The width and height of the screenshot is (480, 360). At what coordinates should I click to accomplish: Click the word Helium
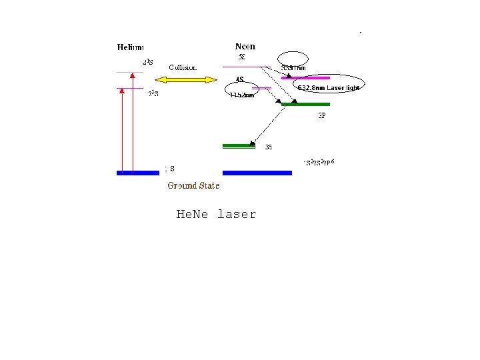tap(131, 47)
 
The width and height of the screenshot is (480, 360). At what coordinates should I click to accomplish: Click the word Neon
tap(245, 47)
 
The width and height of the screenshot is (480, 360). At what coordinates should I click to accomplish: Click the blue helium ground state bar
tap(138, 173)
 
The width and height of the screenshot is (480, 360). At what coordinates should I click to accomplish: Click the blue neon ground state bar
tap(257, 173)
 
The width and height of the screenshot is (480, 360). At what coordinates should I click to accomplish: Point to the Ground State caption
tap(193, 185)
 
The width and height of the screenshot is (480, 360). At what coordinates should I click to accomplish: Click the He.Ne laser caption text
tap(216, 215)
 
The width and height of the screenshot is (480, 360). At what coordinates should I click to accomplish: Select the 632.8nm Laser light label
tap(328, 87)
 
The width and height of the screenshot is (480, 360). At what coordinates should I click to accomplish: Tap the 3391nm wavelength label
tap(293, 68)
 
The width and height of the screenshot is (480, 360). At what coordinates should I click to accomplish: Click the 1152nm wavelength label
tap(241, 95)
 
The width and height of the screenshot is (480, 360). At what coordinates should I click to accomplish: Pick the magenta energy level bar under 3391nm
tap(305, 77)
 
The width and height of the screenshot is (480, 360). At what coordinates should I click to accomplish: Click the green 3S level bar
tap(239, 145)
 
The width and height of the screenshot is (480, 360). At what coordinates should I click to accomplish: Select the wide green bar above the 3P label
tap(305, 104)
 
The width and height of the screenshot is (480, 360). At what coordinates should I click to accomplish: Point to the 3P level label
tap(321, 115)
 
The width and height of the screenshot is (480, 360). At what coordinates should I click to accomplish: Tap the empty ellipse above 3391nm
tap(293, 58)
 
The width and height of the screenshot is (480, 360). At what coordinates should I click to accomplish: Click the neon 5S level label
tap(243, 57)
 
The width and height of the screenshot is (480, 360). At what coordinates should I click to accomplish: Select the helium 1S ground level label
tap(170, 169)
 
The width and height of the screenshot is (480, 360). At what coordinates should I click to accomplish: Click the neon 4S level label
tap(239, 81)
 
